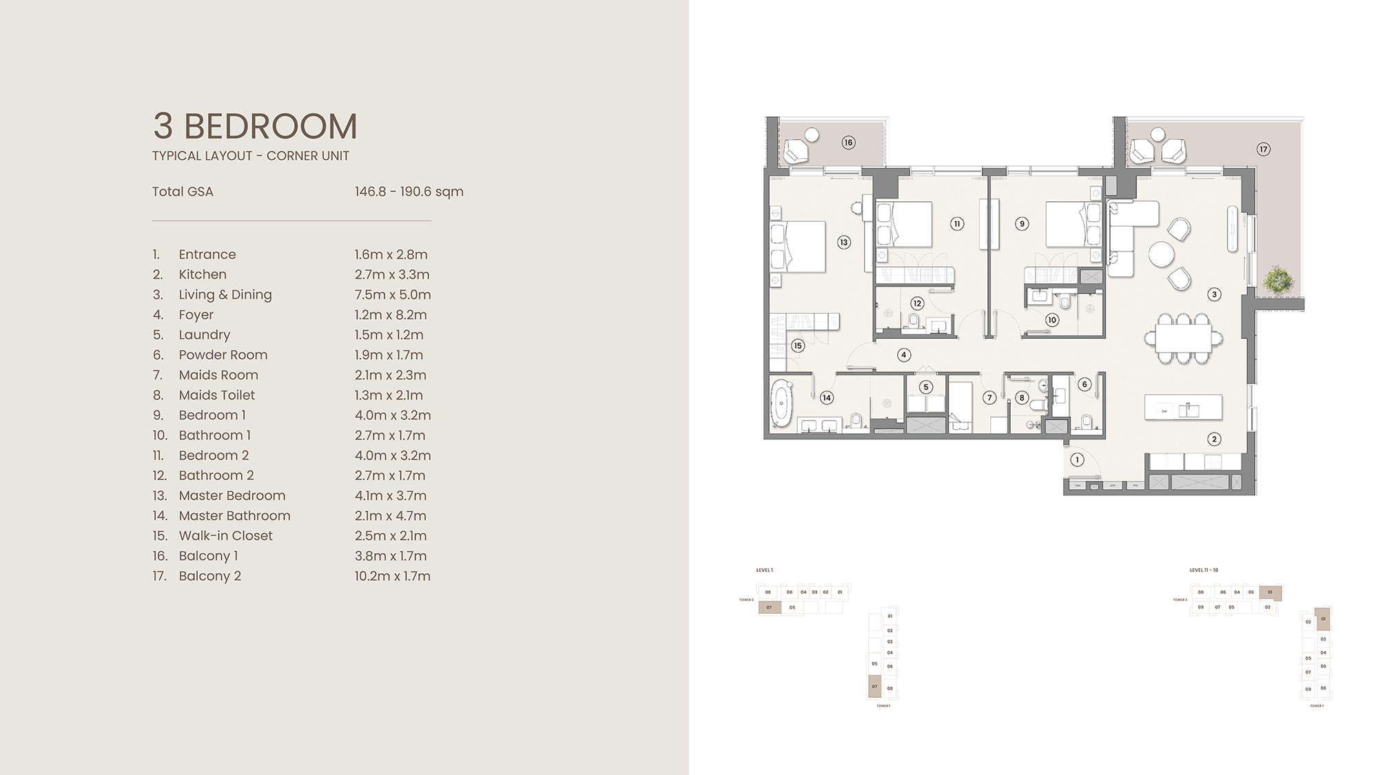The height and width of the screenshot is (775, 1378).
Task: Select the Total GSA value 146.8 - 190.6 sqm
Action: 409,192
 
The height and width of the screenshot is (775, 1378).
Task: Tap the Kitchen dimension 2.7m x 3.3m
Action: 391,274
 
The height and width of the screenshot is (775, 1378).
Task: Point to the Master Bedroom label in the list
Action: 232,495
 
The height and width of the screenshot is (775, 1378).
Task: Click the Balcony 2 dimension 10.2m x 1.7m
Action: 392,576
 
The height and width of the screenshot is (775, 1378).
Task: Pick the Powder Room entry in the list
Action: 223,355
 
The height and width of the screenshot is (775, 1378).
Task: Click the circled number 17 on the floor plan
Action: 1263,149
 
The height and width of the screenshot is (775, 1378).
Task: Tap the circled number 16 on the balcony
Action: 848,143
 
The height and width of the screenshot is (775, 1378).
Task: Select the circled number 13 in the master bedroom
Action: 843,242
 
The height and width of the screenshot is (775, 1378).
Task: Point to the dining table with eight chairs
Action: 1184,338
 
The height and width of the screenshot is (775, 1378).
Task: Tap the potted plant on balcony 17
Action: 1278,279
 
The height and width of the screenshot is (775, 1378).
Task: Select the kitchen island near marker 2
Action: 1183,407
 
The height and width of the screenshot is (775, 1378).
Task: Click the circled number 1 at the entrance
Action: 1077,459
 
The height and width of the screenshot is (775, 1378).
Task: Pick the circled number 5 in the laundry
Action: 925,387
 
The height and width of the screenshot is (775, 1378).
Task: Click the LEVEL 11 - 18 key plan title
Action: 1204,570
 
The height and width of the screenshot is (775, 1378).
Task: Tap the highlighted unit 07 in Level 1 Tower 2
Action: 770,608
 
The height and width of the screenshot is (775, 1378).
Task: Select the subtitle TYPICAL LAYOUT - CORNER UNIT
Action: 250,156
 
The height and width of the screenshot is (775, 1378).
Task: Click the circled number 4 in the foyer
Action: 904,355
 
